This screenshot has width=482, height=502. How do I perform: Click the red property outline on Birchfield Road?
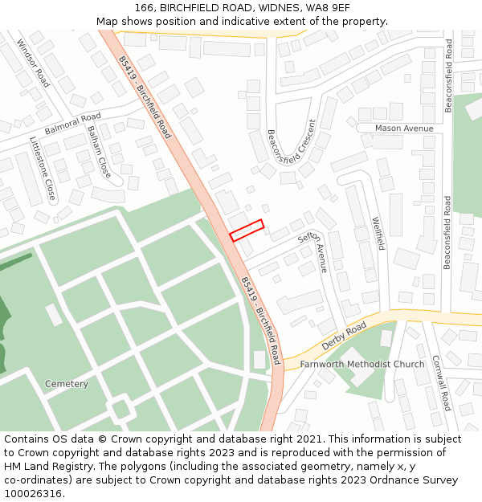247,231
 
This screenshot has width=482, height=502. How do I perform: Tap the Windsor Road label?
33,63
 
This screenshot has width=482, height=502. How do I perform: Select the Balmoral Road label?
73,123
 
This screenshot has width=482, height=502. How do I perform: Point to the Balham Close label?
100,151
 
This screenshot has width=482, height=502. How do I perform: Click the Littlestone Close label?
43,169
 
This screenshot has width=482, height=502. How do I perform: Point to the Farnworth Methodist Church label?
362,364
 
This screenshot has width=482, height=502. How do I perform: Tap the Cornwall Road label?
442,383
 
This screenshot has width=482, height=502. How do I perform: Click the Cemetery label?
67,384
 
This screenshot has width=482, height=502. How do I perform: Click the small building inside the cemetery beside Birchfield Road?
259,359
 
